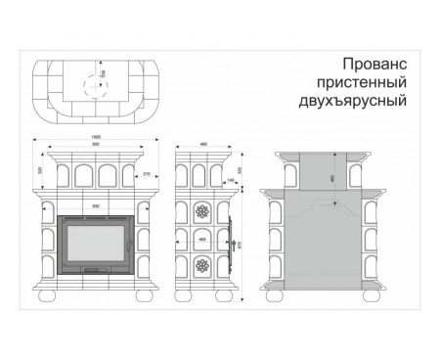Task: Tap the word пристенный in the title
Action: [x=359, y=82]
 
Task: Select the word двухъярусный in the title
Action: [x=351, y=101]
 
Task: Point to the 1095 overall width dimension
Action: [x=96, y=138]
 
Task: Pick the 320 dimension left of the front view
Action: [x=40, y=170]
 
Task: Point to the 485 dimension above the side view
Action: [x=203, y=145]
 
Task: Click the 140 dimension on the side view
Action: [x=229, y=181]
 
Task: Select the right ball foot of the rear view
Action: [x=372, y=293]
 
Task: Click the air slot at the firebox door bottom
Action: [x=95, y=268]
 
